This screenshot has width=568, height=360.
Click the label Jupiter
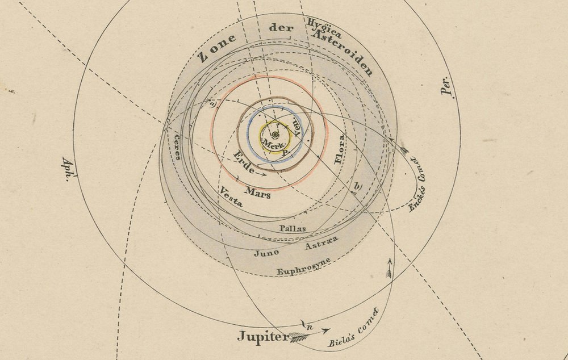pyautogui.click(x=262, y=336)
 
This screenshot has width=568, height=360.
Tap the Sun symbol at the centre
pyautogui.click(x=275, y=135)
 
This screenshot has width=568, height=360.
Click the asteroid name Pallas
pyautogui.click(x=293, y=228)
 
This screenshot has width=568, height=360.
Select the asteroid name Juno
pyautogui.click(x=267, y=253)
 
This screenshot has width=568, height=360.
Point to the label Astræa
pyautogui.click(x=321, y=244)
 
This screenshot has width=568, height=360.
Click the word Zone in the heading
pyautogui.click(x=217, y=52)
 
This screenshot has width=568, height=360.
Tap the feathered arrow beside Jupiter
pyautogui.click(x=299, y=337)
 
